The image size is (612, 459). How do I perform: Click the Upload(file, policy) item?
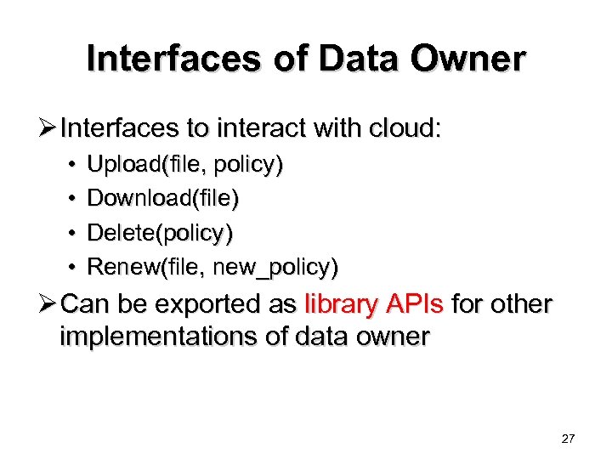pos(185,165)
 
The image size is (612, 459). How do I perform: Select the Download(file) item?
pos(163,199)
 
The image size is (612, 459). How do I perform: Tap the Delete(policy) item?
pos(160,233)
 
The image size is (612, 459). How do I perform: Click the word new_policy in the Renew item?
pos(275,267)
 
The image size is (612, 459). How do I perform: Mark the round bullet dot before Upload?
pos(74,165)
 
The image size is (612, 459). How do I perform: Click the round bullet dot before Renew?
pos(74,267)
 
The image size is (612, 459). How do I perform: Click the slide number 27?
pos(569,439)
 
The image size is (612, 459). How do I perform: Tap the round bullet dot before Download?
pos(74,199)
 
